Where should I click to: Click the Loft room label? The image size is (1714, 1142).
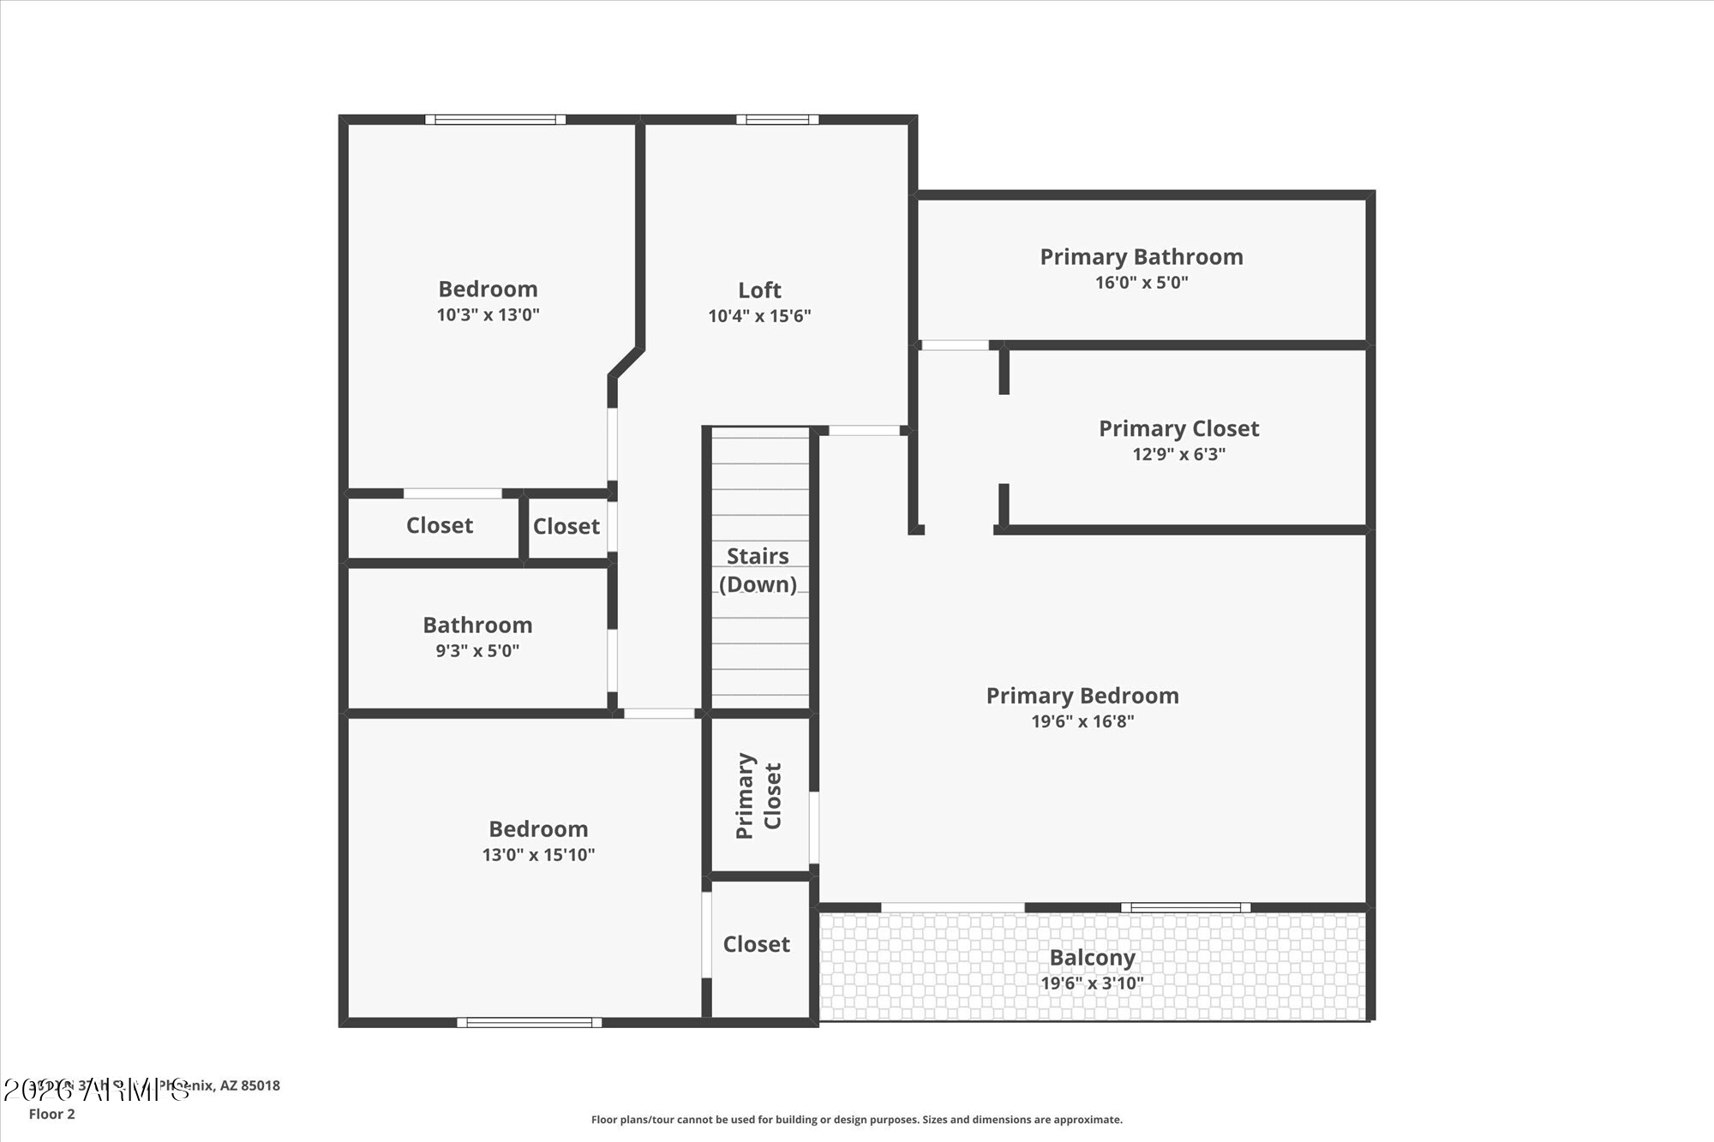point(759,290)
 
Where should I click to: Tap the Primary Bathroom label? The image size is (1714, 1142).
point(1141,257)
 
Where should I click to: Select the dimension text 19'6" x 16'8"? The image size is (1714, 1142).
point(1082,721)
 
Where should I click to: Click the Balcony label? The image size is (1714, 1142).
point(1092,958)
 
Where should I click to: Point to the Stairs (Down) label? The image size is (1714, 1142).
point(758,570)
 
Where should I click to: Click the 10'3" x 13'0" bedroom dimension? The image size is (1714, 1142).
point(488,314)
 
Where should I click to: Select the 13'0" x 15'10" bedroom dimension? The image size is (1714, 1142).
point(538,854)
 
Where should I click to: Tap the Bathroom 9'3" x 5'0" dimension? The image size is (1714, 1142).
point(477,650)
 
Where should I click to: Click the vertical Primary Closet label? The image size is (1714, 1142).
point(758,796)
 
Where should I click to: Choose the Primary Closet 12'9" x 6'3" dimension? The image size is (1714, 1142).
point(1178,454)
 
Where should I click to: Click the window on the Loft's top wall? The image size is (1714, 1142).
point(776,120)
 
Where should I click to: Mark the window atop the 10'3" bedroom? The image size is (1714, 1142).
point(495,120)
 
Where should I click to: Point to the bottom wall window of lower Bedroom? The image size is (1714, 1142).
point(529,1022)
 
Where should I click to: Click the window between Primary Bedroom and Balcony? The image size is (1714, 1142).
point(1185,907)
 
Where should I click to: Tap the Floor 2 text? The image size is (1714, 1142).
point(52,1114)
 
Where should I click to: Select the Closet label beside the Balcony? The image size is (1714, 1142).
point(756,944)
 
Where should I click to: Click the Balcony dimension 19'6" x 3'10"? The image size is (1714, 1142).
point(1092,984)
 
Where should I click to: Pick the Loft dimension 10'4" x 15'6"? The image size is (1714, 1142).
point(759,316)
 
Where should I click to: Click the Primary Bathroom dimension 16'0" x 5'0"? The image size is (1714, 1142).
point(1141,283)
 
